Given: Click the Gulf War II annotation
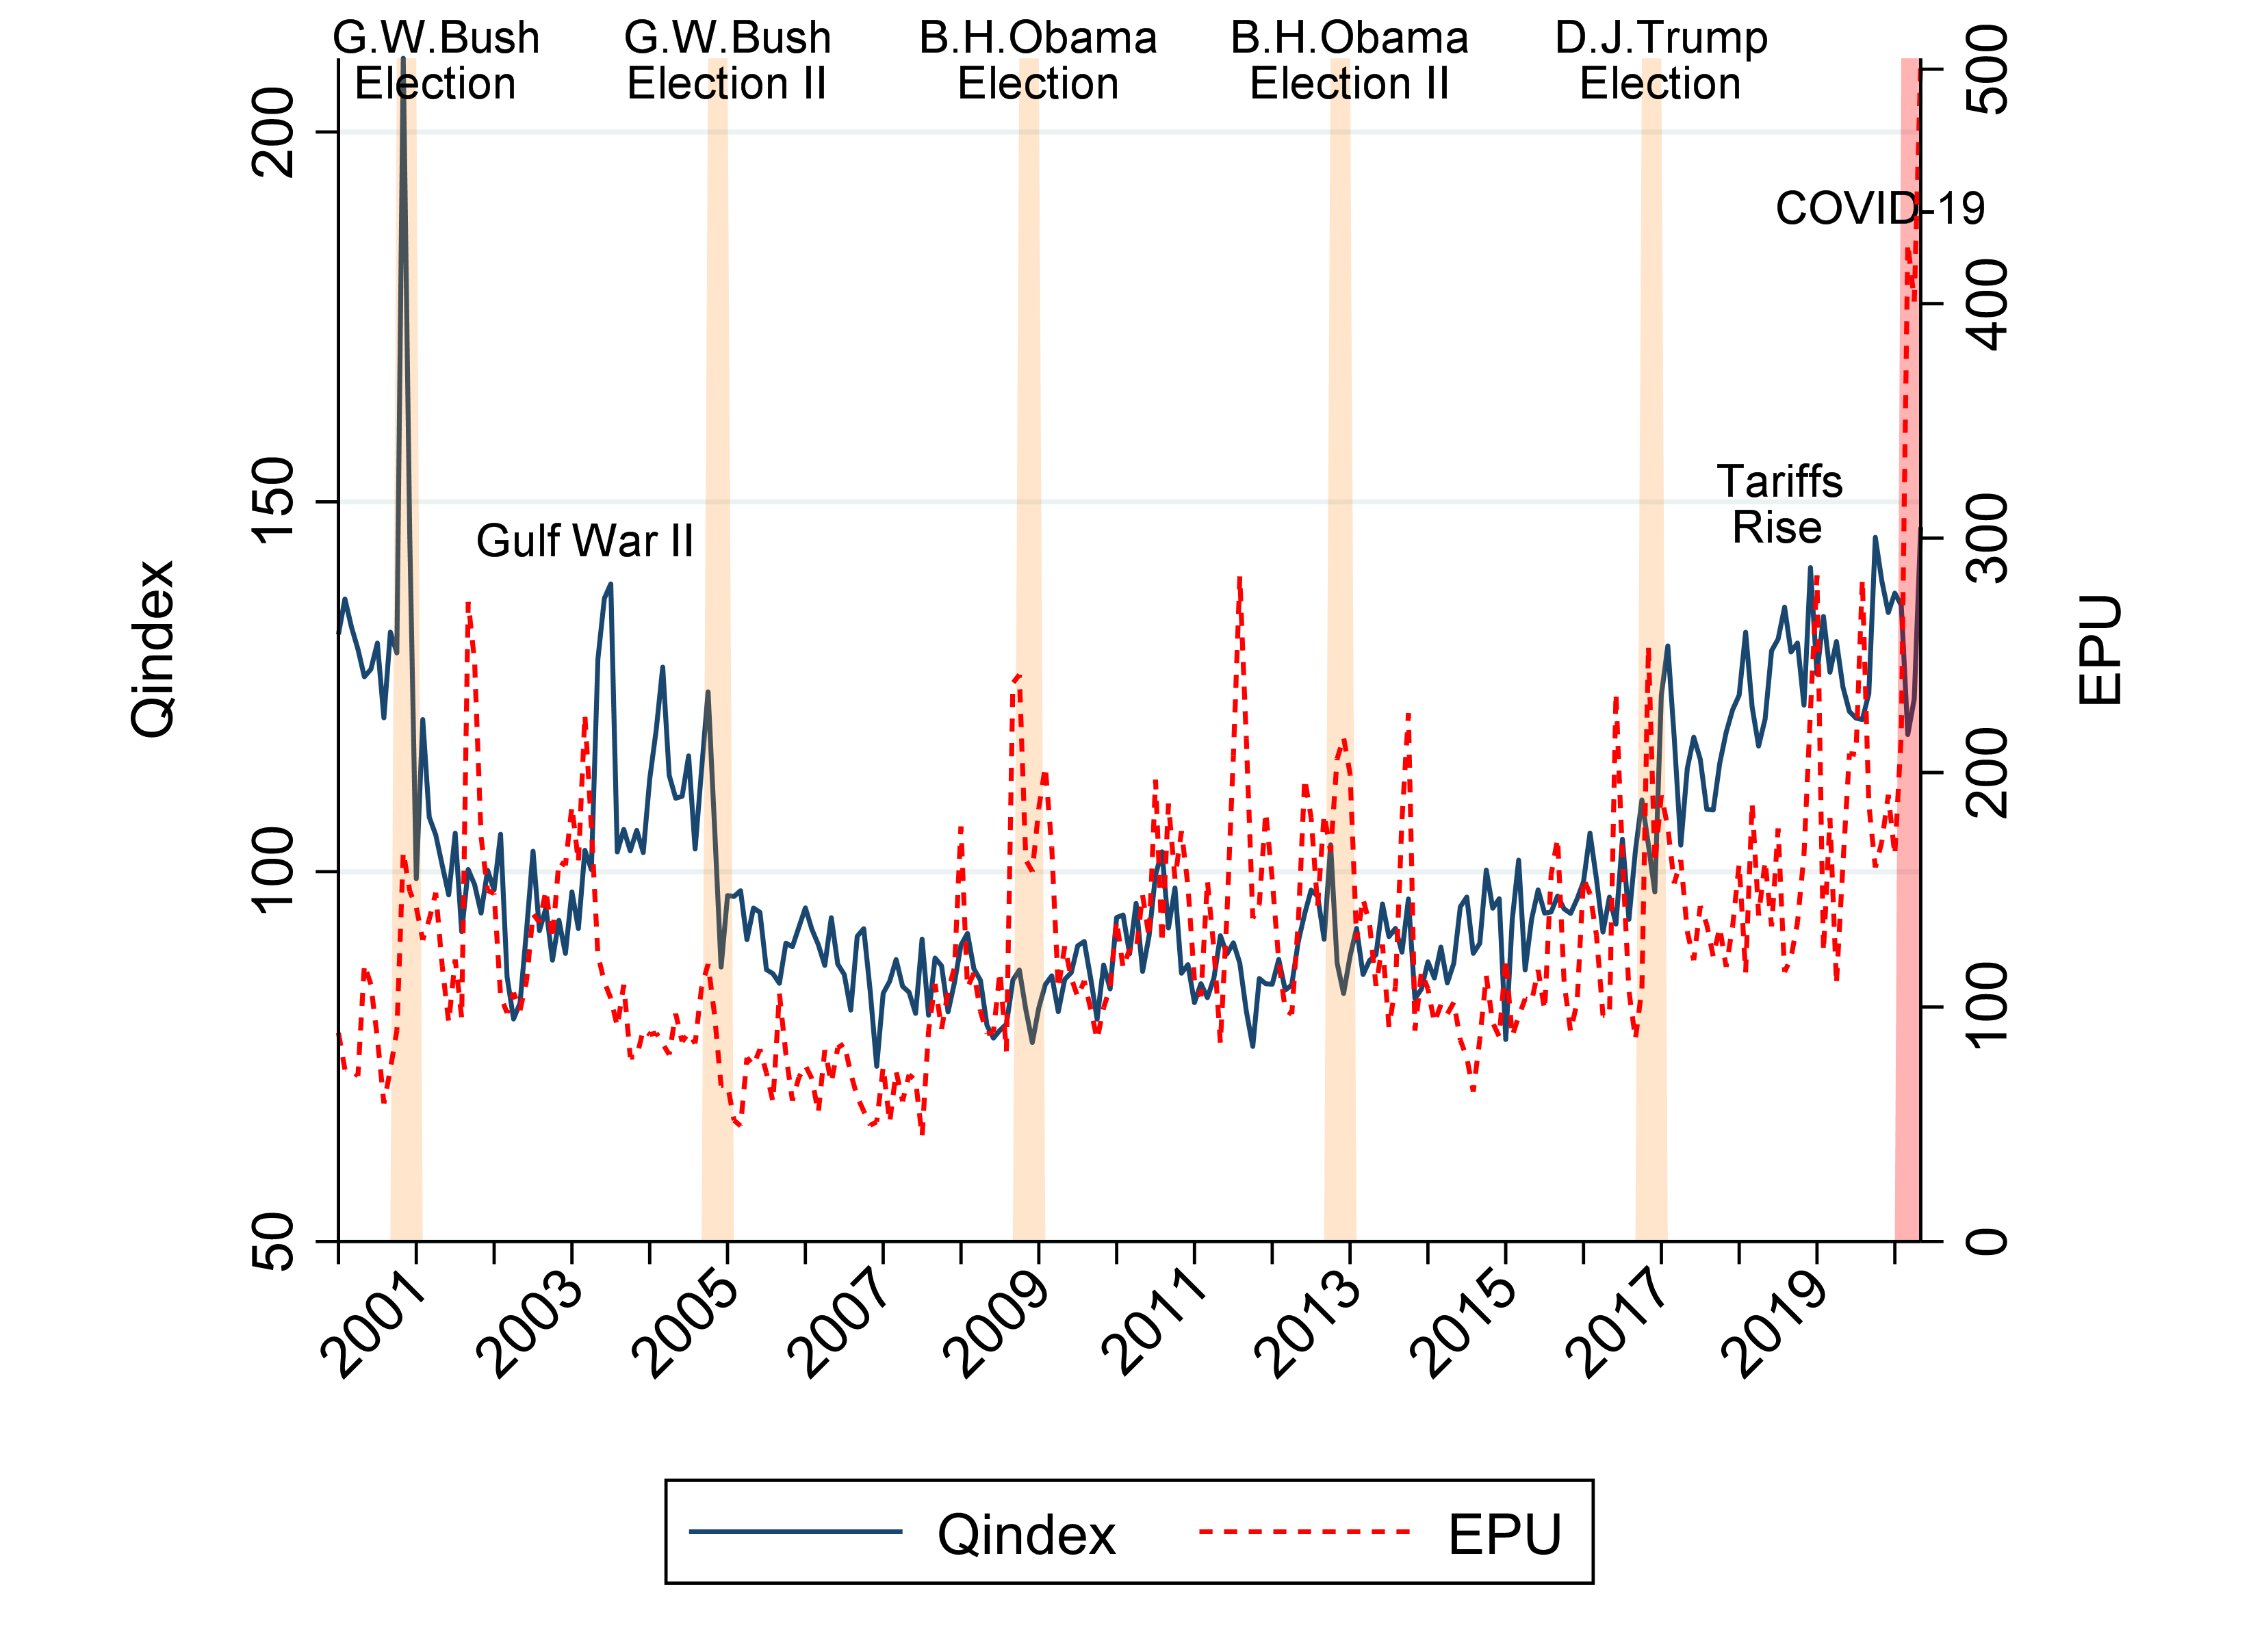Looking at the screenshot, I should pyautogui.click(x=584, y=542).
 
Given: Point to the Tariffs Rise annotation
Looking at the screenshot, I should pyautogui.click(x=1779, y=505).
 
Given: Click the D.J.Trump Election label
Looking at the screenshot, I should pyautogui.click(x=1660, y=61).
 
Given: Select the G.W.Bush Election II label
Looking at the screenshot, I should pyautogui.click(x=727, y=61).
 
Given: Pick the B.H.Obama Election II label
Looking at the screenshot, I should pyautogui.click(x=1349, y=61).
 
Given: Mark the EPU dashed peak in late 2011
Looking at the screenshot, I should pyautogui.click(x=1239, y=579).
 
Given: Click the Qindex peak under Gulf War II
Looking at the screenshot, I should pyautogui.click(x=610, y=586).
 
